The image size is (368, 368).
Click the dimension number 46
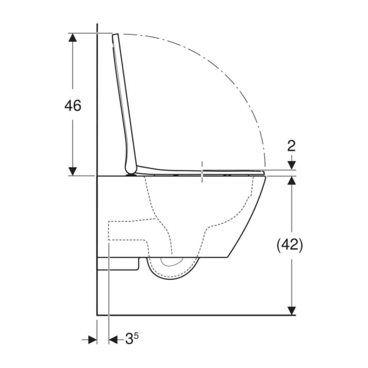[x=73, y=105]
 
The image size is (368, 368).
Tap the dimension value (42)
[x=290, y=246]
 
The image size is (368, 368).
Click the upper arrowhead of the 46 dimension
[x=73, y=37]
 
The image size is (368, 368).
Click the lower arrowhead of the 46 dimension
[x=73, y=171]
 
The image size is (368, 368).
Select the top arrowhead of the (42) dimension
[x=291, y=180]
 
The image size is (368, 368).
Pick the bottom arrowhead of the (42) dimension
[x=291, y=311]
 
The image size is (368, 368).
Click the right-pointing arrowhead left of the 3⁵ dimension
[x=93, y=339]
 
